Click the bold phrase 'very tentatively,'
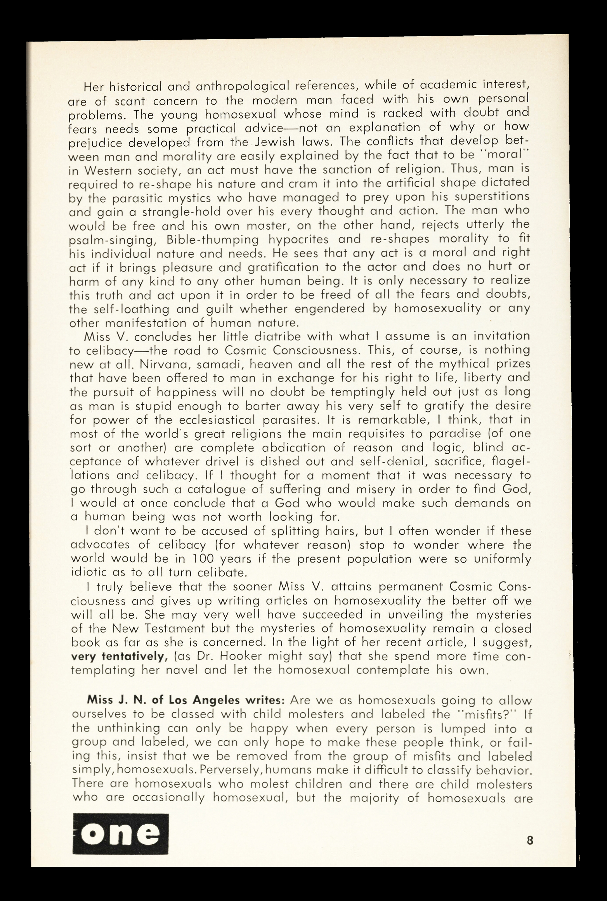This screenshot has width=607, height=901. click(x=119, y=656)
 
